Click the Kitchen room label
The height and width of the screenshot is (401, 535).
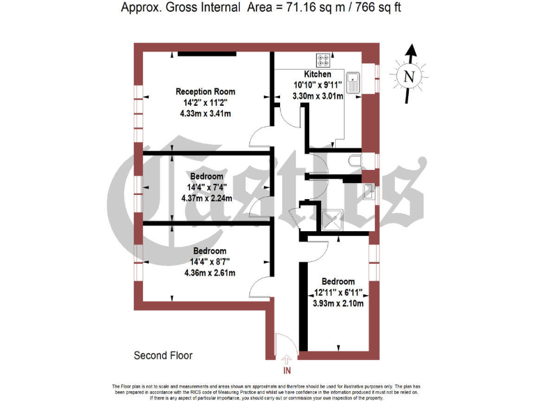[318, 74]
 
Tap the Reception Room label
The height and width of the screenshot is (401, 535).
[206, 91]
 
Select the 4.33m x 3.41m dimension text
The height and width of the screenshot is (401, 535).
[206, 113]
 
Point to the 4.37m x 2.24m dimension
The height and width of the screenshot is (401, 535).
[206, 198]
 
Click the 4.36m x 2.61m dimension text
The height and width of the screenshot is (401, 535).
[210, 272]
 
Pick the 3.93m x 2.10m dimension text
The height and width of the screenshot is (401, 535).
[338, 304]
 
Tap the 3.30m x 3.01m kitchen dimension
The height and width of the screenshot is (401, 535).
[318, 97]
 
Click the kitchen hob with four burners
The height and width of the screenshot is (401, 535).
[324, 60]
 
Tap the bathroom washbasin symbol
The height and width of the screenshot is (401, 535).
[368, 189]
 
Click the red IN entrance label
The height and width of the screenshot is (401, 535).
[287, 371]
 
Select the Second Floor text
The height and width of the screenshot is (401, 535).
[163, 355]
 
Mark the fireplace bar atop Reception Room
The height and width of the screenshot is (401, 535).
[205, 53]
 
